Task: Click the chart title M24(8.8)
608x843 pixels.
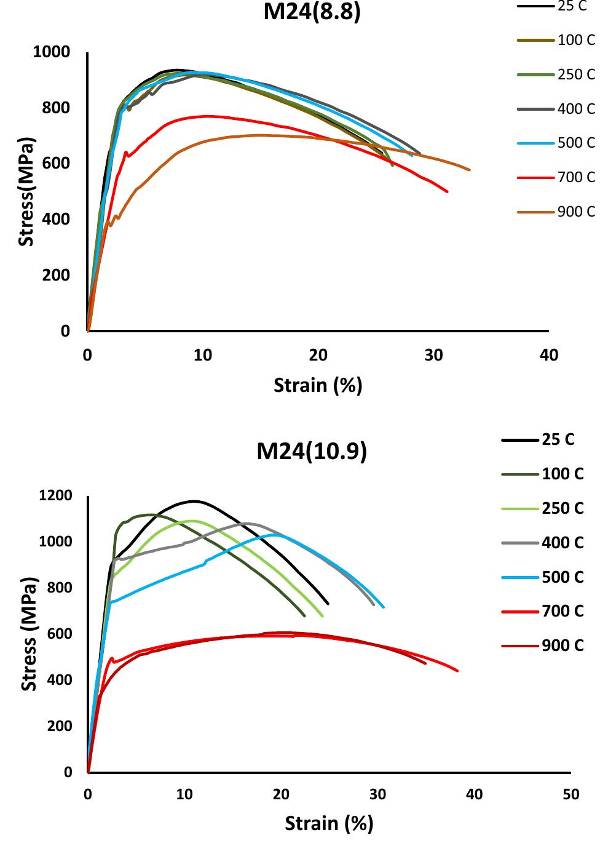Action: pyautogui.click(x=312, y=11)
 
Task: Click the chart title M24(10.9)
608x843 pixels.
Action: pyautogui.click(x=312, y=451)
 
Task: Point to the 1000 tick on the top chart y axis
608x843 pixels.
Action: pyautogui.click(x=52, y=52)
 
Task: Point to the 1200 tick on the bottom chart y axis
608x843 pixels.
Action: pyautogui.click(x=55, y=495)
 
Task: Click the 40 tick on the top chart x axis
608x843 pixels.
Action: pyautogui.click(x=548, y=355)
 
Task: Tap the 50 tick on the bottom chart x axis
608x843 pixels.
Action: pyautogui.click(x=570, y=794)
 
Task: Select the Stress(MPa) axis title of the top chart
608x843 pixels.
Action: pyautogui.click(x=26, y=191)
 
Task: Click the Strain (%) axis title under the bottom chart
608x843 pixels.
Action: pyautogui.click(x=329, y=823)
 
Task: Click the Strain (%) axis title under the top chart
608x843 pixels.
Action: pyautogui.click(x=318, y=385)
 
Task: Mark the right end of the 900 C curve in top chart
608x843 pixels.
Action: pyautogui.click(x=470, y=170)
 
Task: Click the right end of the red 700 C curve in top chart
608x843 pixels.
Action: pyautogui.click(x=447, y=191)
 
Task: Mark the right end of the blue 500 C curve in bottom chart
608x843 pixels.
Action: pyautogui.click(x=384, y=607)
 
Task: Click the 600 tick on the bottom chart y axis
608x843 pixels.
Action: pyautogui.click(x=60, y=634)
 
